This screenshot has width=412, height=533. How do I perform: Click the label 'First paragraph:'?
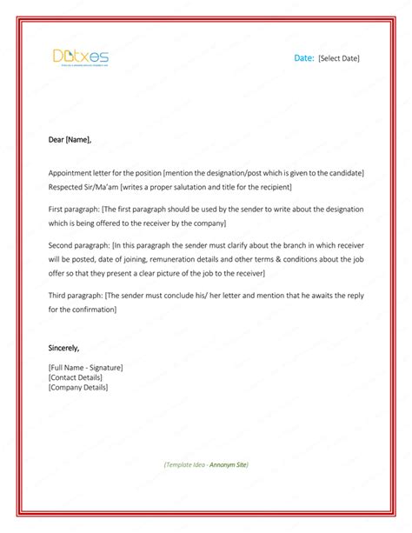tap(75, 210)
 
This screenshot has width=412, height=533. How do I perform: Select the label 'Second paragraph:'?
tap(80, 246)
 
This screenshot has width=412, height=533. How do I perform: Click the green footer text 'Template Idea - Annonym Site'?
tap(206, 465)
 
